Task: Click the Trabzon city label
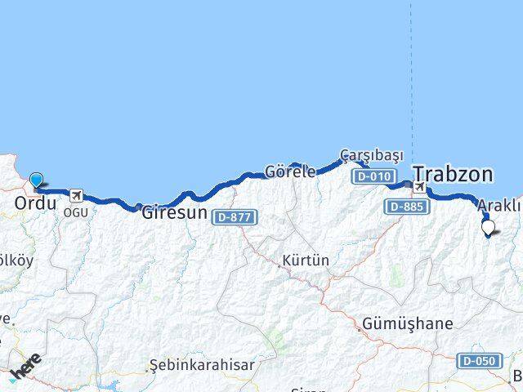453,174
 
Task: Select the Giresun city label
174,214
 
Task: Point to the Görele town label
289,172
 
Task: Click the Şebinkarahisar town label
201,364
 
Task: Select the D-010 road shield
373,176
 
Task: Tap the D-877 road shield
235,217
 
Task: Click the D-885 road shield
406,207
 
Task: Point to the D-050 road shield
479,361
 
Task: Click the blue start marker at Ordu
36,180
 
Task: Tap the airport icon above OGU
77,195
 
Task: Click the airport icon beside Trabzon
420,189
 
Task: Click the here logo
25,368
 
